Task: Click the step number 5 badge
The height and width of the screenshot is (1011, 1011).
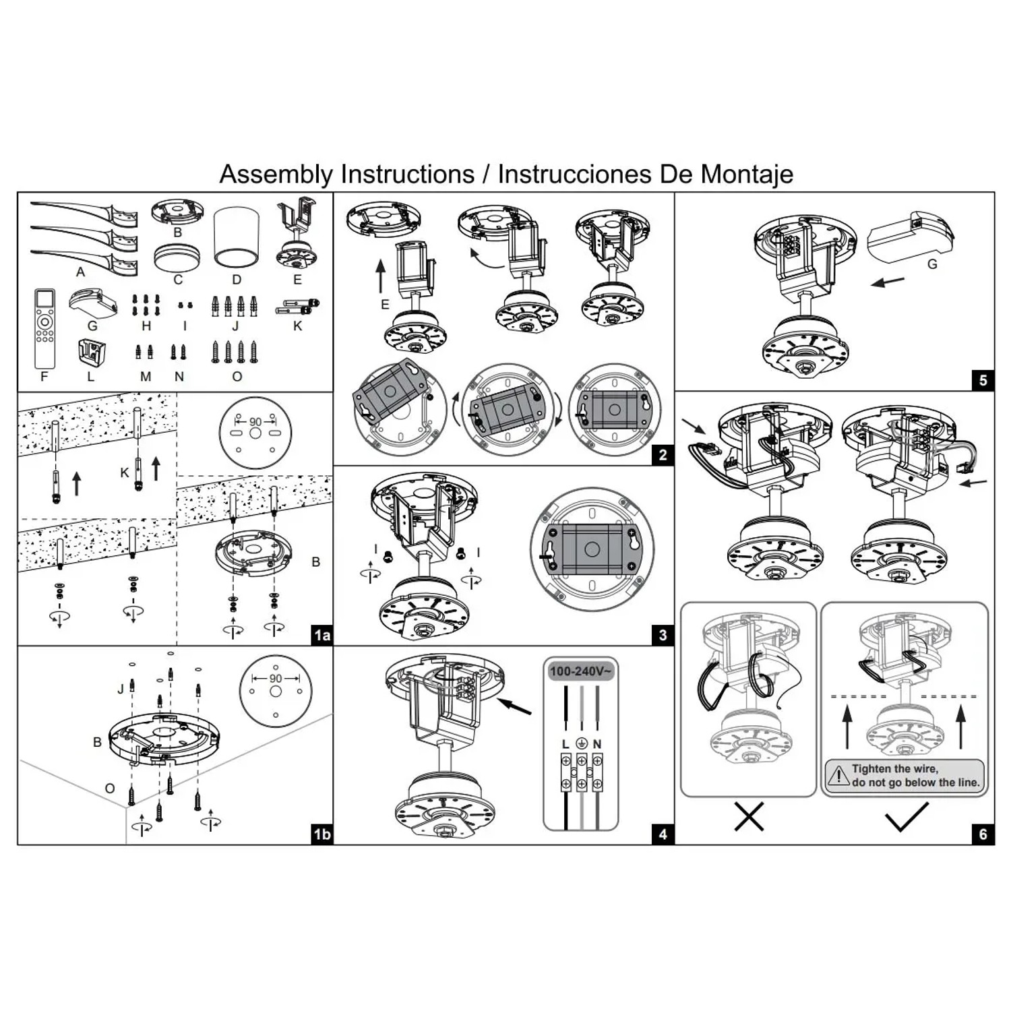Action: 983,380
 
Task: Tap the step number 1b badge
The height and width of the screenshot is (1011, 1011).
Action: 322,834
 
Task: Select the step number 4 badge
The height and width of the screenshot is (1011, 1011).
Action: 663,834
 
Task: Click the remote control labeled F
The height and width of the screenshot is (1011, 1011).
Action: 44,328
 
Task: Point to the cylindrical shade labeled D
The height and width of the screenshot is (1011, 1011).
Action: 237,237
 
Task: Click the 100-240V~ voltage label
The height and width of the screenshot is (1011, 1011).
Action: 580,671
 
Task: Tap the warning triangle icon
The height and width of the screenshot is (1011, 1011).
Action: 838,775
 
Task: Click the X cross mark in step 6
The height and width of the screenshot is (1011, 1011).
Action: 749,817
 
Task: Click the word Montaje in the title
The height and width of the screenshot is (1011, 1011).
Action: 746,175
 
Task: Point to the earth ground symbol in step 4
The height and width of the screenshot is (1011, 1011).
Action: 582,744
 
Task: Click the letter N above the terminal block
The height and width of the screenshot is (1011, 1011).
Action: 597,744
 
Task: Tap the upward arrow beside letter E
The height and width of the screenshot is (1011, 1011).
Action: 381,276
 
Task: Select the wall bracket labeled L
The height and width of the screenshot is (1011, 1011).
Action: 91,353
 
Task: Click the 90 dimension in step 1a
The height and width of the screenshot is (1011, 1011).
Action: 255,422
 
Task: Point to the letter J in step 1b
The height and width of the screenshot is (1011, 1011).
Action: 121,689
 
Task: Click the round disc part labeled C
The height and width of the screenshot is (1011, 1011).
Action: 177,257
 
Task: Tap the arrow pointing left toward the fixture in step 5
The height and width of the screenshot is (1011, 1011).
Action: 888,281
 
